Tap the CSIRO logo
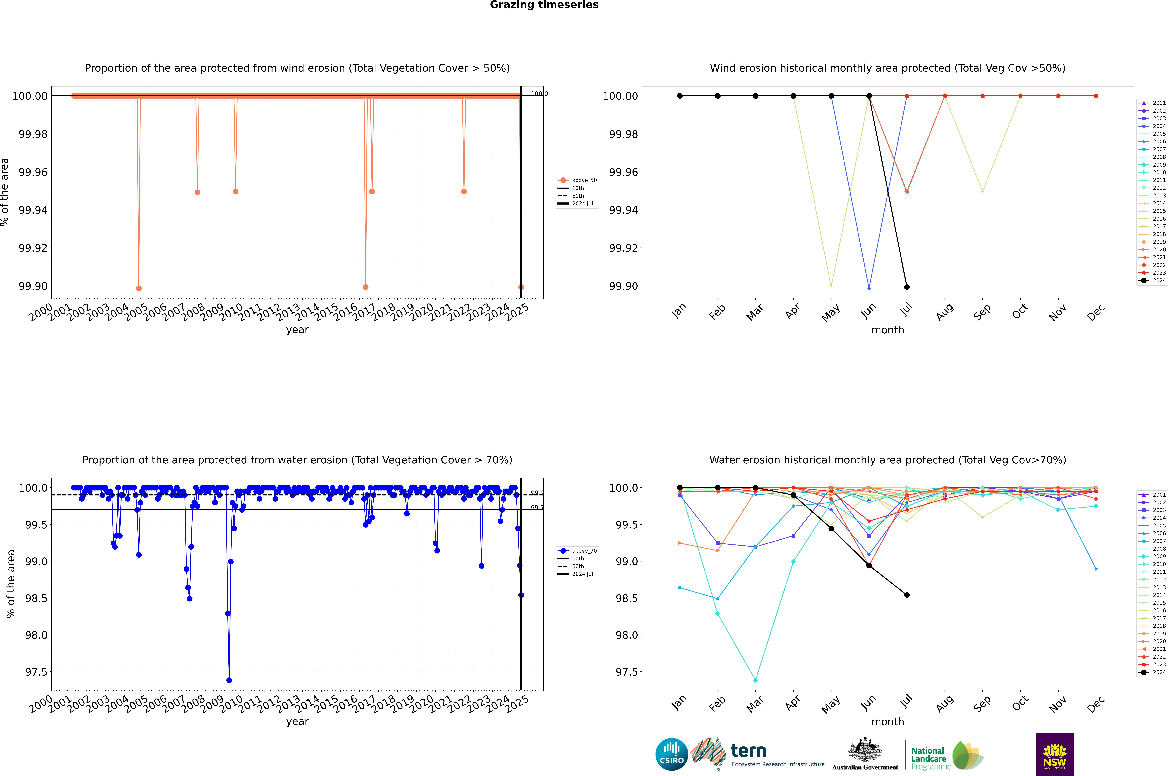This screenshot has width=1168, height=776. coord(671,754)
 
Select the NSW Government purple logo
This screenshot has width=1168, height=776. coord(1055,754)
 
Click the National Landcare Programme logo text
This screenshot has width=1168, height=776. coord(928,758)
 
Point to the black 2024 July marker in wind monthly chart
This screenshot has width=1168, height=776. coord(907,287)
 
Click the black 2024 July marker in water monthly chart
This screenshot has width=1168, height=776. coord(907,595)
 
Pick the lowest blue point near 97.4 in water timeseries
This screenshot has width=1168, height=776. coord(229,680)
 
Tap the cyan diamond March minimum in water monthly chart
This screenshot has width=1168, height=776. coord(755,680)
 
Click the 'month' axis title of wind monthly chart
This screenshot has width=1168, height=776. coord(887,330)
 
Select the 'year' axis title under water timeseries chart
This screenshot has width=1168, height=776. coord(297,722)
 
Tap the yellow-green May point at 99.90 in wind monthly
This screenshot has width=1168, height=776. coord(831,287)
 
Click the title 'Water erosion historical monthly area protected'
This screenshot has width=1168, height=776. coord(887,460)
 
